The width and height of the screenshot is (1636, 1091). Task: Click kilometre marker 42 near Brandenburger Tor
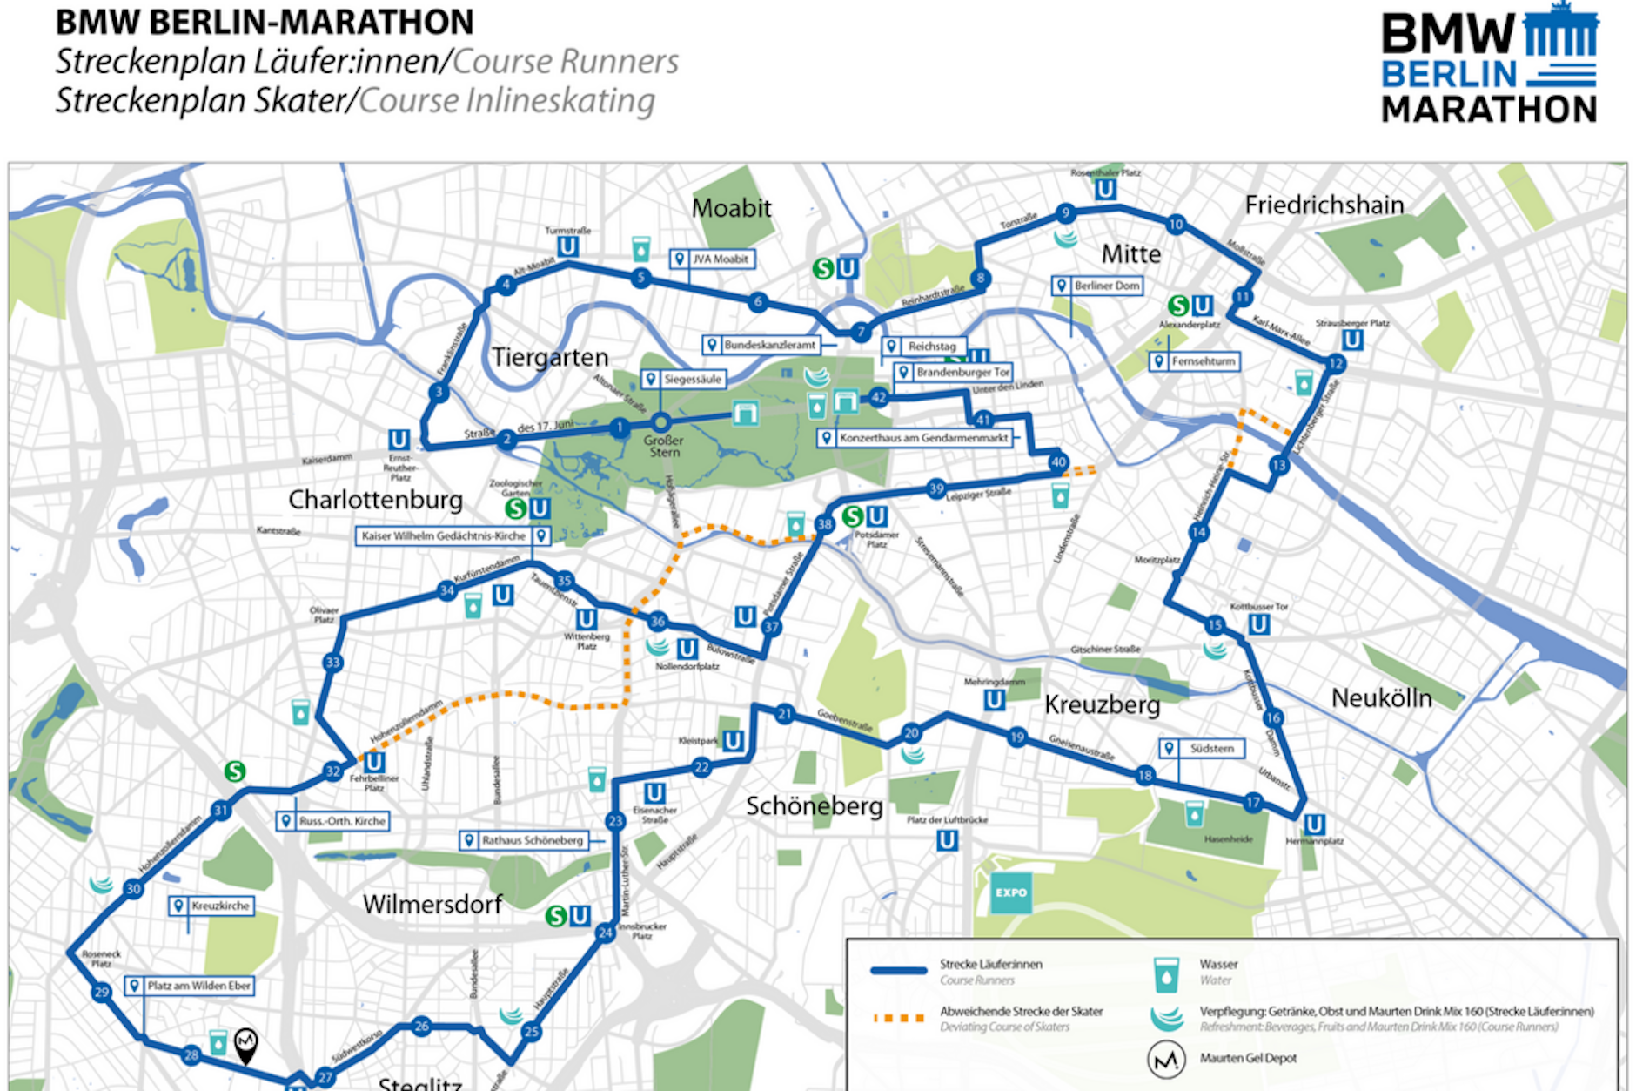tap(878, 398)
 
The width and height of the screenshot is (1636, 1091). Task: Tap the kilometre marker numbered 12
tap(1336, 363)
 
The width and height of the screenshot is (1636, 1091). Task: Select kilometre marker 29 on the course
tap(102, 993)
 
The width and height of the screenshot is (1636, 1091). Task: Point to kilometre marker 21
tap(785, 714)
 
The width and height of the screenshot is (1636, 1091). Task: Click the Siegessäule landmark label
tap(683, 380)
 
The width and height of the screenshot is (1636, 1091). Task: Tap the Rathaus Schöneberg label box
tap(524, 840)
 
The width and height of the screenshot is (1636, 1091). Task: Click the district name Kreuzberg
tap(1102, 704)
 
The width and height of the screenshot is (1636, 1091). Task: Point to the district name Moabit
tap(731, 208)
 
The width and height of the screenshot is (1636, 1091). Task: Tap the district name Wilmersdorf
tap(432, 905)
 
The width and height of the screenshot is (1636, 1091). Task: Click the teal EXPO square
tap(1010, 892)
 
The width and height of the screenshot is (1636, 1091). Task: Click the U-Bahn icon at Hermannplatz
tap(1314, 824)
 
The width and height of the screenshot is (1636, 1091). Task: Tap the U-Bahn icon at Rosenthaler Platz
tap(1105, 189)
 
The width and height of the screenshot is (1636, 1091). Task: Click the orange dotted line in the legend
tap(899, 1018)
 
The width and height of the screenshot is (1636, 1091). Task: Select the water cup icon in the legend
tap(1165, 974)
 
